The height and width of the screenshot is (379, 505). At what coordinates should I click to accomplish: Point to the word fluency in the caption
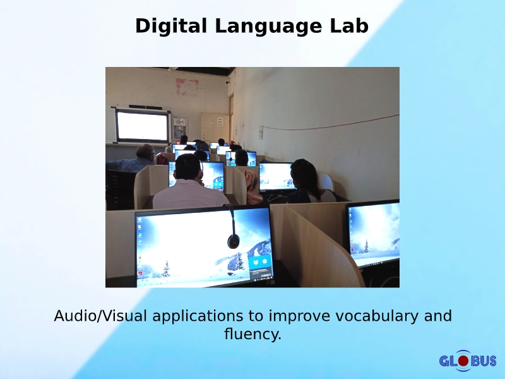point(252,334)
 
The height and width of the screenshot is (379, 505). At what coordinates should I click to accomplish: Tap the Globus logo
point(468,361)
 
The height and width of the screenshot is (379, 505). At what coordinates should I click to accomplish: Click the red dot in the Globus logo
point(463,361)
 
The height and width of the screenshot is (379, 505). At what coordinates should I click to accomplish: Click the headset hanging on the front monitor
point(233,237)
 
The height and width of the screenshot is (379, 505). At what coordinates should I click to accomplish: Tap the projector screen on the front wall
point(143,126)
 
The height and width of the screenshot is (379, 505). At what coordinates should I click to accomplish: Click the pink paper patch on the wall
point(187,87)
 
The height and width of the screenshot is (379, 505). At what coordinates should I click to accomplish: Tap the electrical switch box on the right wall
point(260,132)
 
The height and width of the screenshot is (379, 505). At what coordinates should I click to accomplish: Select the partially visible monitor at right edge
point(374,234)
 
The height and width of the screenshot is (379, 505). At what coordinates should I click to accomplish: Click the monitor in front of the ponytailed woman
point(276,176)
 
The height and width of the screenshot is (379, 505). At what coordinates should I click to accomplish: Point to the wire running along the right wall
point(335,123)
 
